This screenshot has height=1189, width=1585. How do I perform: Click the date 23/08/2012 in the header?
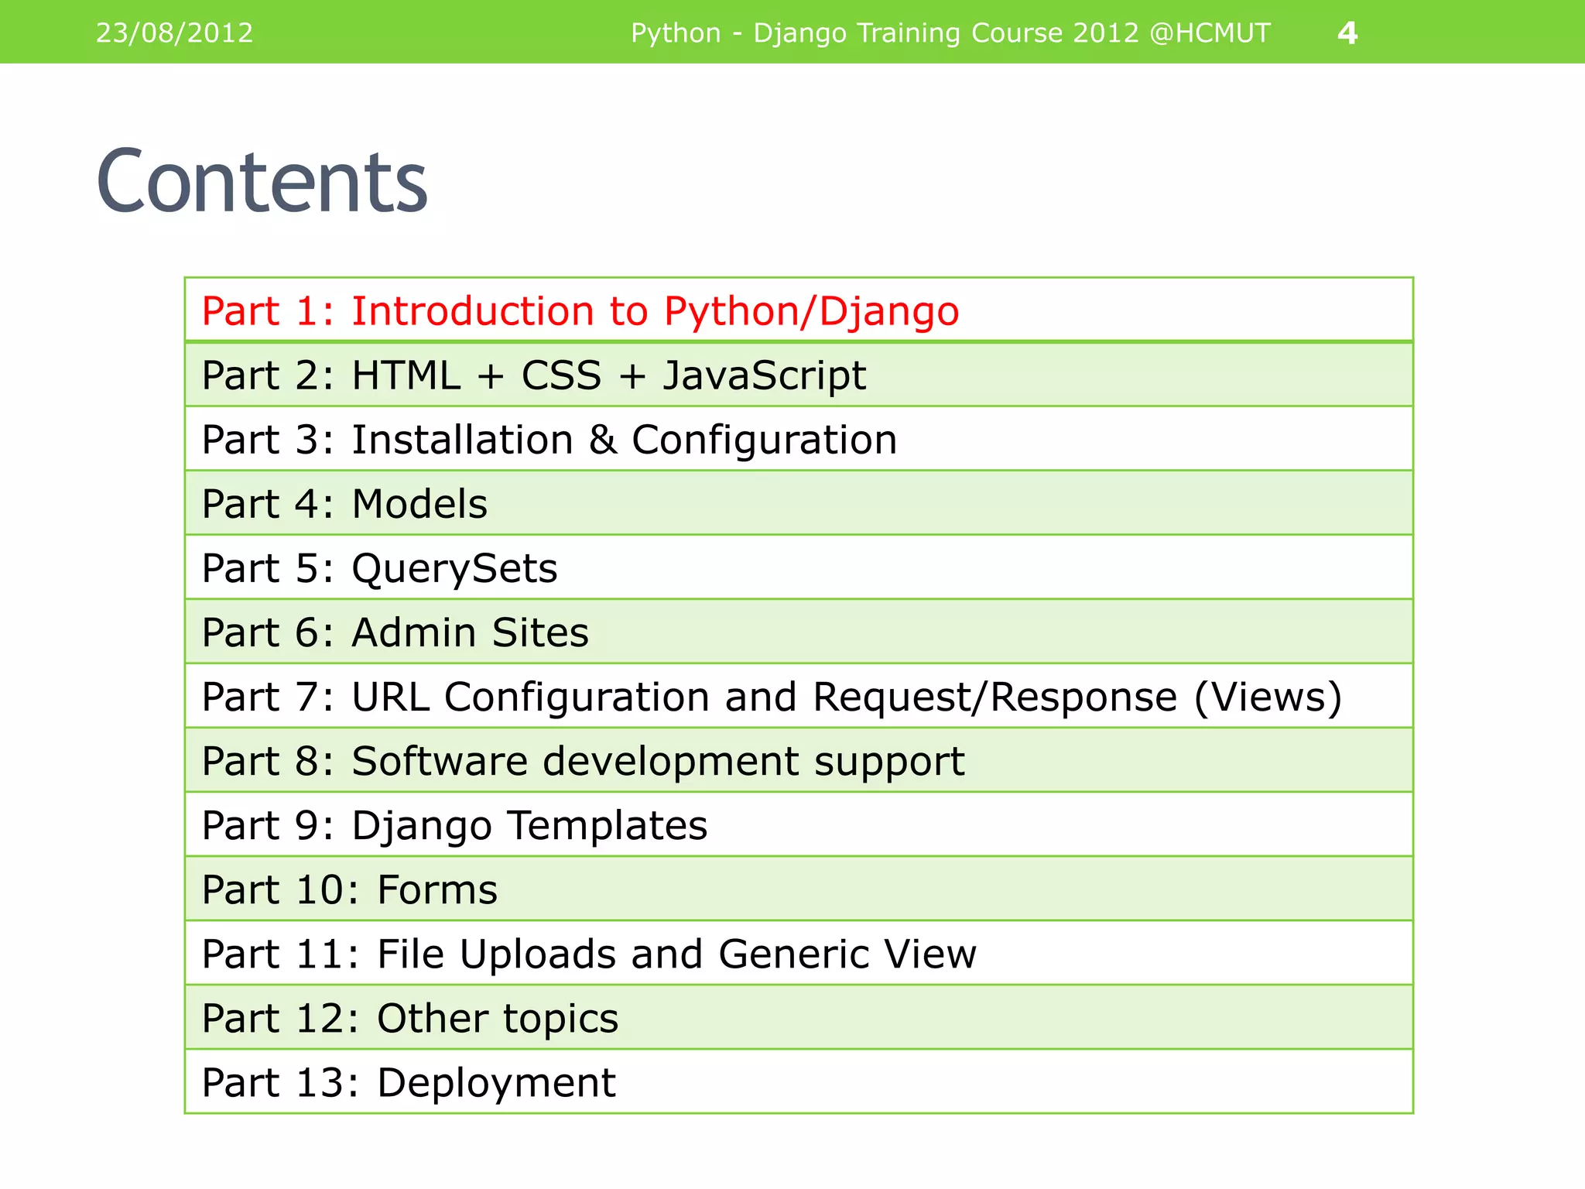click(x=174, y=33)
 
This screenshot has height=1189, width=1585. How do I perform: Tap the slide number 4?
click(x=1347, y=33)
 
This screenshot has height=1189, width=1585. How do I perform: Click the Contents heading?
click(x=262, y=181)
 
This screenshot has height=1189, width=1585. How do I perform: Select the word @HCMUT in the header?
click(x=1210, y=33)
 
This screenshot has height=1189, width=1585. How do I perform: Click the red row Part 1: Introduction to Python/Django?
click(x=580, y=311)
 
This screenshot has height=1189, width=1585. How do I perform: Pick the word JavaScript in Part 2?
click(x=764, y=376)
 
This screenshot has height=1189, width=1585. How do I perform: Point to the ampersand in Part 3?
click(x=602, y=440)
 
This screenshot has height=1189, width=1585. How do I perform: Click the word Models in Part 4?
click(x=419, y=504)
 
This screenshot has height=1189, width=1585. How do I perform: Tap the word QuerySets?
click(x=454, y=569)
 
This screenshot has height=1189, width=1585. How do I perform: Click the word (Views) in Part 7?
click(x=1268, y=697)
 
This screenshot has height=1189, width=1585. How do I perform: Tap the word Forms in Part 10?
click(x=437, y=889)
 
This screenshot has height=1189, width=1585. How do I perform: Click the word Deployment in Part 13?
click(x=496, y=1083)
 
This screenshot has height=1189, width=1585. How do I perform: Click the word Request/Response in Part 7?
click(x=994, y=697)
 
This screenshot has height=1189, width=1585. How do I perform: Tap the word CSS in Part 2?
click(x=561, y=376)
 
